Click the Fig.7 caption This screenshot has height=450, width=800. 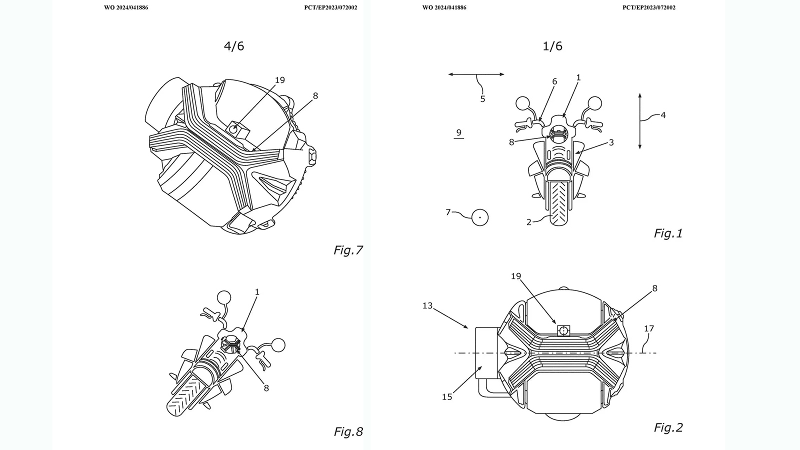pyautogui.click(x=348, y=250)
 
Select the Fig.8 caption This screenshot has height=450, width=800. pyautogui.click(x=348, y=431)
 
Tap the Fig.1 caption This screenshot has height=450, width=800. pyautogui.click(x=668, y=233)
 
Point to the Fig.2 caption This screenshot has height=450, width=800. pyautogui.click(x=668, y=427)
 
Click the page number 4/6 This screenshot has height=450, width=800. pyautogui.click(x=234, y=46)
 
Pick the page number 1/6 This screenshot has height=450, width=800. pyautogui.click(x=552, y=46)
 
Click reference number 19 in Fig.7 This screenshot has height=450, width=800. pyautogui.click(x=279, y=80)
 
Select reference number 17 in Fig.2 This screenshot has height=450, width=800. pyautogui.click(x=648, y=328)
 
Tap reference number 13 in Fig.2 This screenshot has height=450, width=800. pyautogui.click(x=427, y=305)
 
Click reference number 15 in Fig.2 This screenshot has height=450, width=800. pyautogui.click(x=447, y=396)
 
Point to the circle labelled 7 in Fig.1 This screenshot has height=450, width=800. pyautogui.click(x=480, y=217)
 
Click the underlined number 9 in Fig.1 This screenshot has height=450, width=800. pyautogui.click(x=458, y=133)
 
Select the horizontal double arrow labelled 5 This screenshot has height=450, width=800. pyautogui.click(x=476, y=74)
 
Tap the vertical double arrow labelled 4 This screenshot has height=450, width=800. pyautogui.click(x=640, y=120)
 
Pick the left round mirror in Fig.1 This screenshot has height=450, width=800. pyautogui.click(x=522, y=103)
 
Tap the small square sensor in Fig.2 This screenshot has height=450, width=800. pyautogui.click(x=563, y=330)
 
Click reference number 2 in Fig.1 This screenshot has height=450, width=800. pyautogui.click(x=529, y=222)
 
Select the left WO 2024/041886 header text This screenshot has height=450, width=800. pyautogui.click(x=126, y=8)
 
